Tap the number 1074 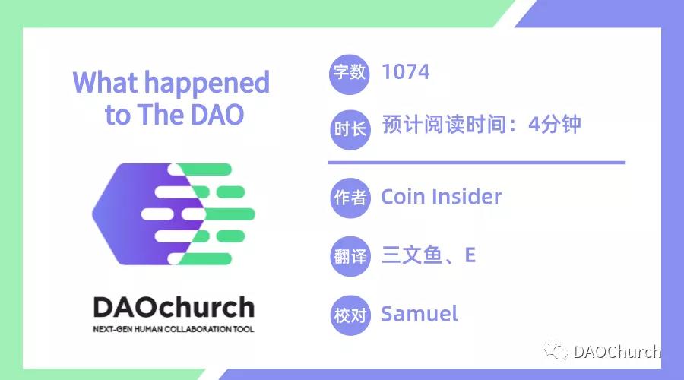pyautogui.click(x=406, y=72)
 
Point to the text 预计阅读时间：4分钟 pyautogui.click(x=481, y=125)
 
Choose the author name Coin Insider pyautogui.click(x=441, y=197)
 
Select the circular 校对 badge pyautogui.click(x=350, y=314)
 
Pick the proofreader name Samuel pyautogui.click(x=420, y=313)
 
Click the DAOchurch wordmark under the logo pyautogui.click(x=173, y=308)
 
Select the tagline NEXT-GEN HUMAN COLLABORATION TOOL pyautogui.click(x=173, y=329)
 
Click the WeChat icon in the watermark pyautogui.click(x=559, y=352)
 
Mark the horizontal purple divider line pyautogui.click(x=477, y=162)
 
